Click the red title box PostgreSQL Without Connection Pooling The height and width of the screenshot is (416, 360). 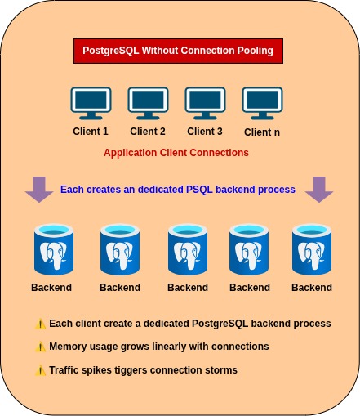[x=178, y=51]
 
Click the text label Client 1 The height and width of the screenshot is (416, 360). [x=91, y=131]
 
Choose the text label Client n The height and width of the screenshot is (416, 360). [x=262, y=132]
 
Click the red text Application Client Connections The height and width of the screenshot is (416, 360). [x=176, y=153]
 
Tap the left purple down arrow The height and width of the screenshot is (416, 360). [x=38, y=189]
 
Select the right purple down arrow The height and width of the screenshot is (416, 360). [x=318, y=189]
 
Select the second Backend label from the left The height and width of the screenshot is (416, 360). [x=120, y=288]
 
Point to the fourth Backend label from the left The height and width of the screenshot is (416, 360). [x=250, y=288]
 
